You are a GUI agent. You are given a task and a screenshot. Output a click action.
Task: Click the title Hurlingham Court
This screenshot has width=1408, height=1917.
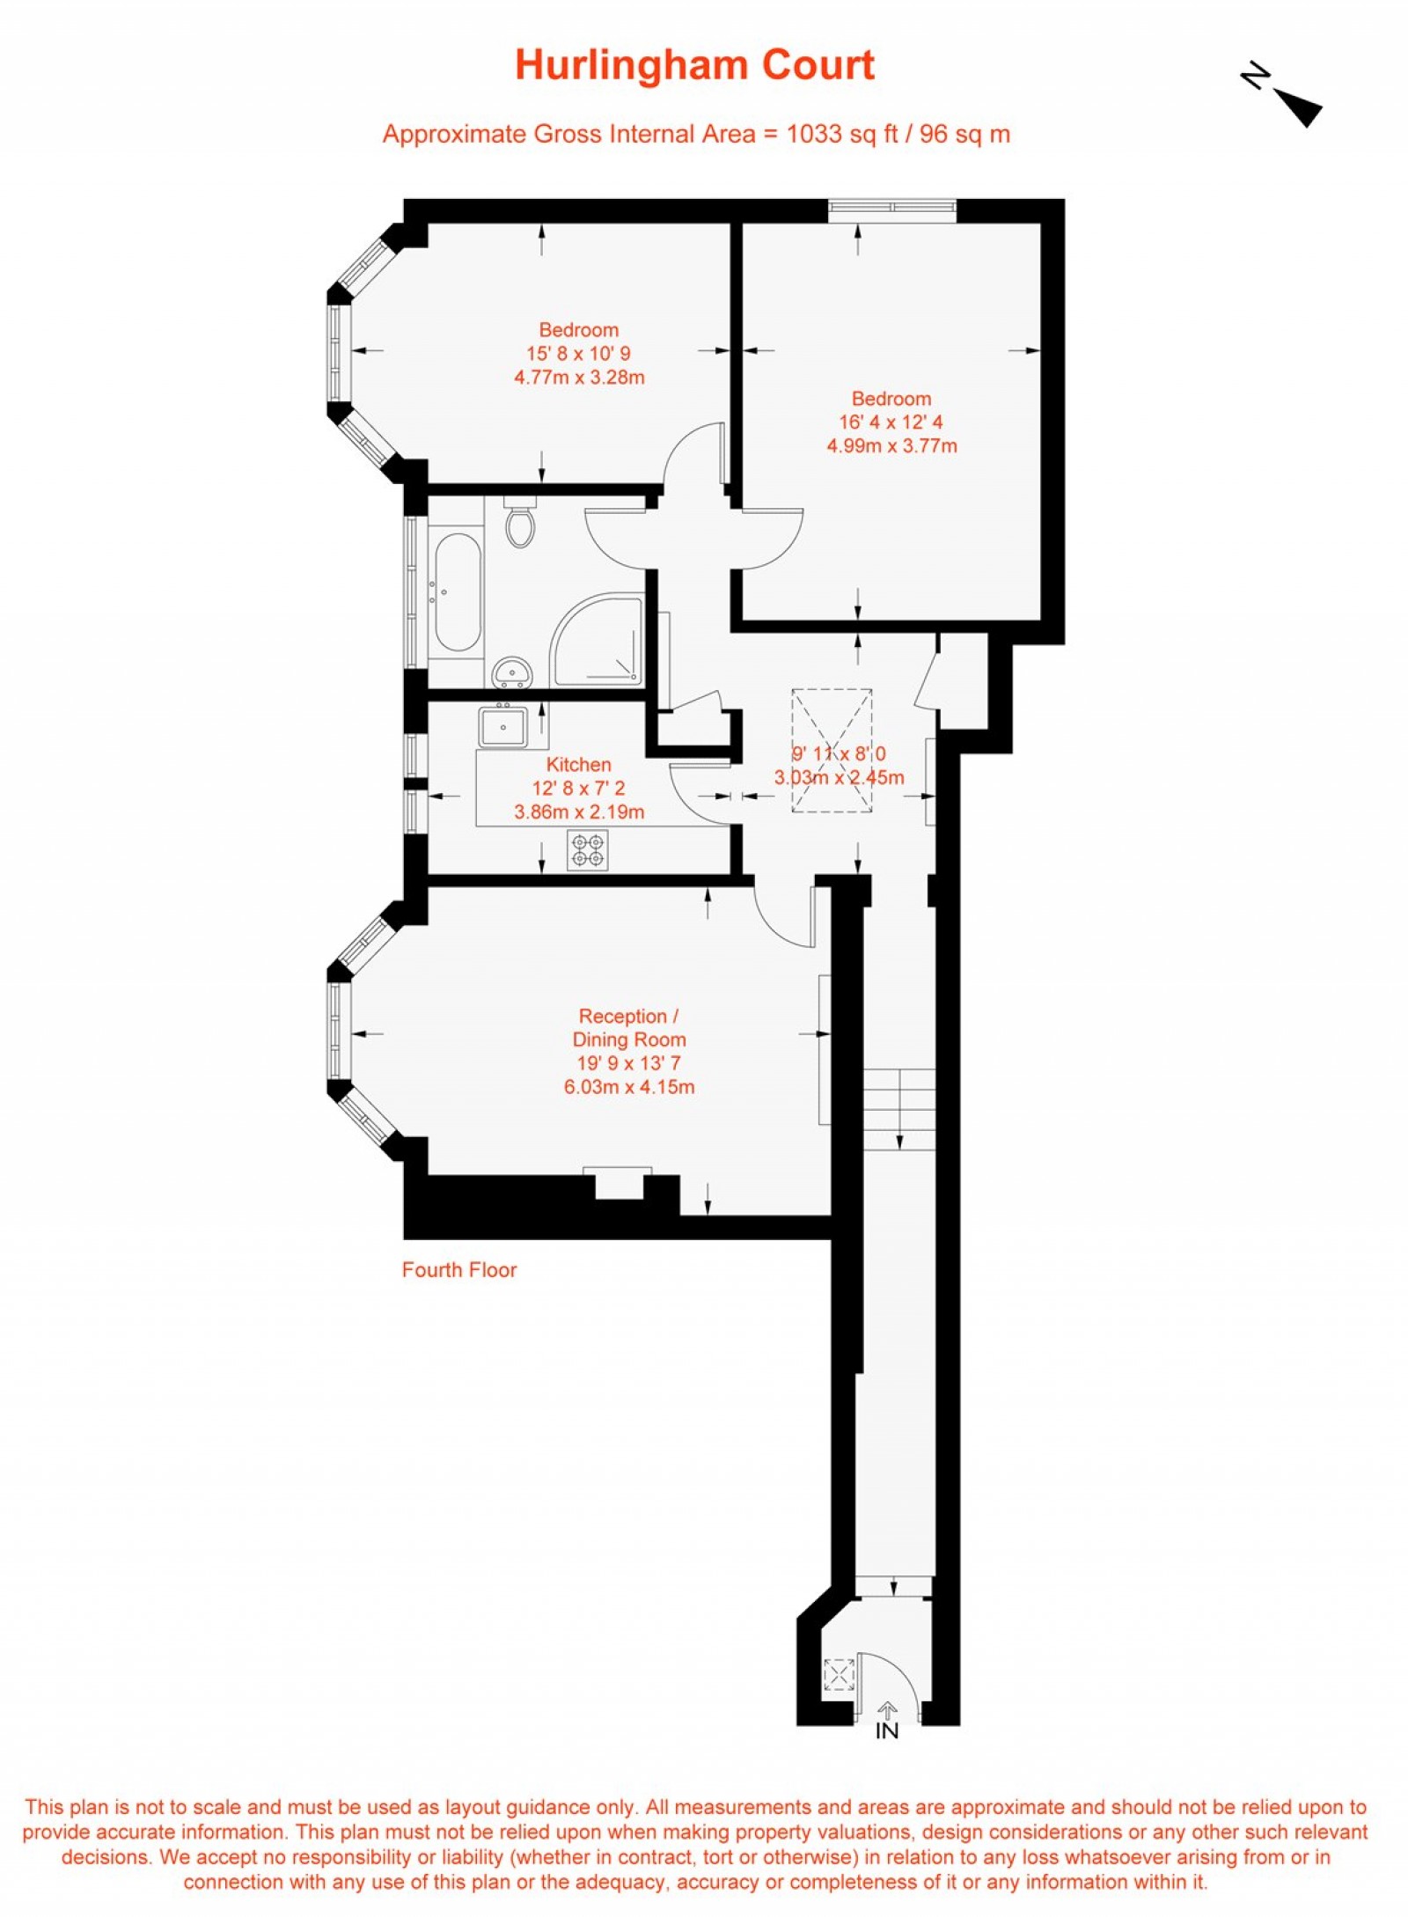tap(694, 66)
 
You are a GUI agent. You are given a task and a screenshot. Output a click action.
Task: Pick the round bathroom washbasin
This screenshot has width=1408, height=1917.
tap(511, 672)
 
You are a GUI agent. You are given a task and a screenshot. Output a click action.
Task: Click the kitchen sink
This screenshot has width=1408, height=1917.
tap(502, 727)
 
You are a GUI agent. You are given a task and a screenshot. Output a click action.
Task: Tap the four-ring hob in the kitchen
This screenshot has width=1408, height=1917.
tap(587, 850)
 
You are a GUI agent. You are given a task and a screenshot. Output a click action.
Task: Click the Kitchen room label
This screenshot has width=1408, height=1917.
tap(578, 765)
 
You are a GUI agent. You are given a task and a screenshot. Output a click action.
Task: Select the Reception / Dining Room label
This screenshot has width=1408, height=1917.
tap(628, 1027)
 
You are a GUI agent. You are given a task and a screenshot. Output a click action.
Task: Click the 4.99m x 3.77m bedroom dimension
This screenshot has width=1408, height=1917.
tap(891, 446)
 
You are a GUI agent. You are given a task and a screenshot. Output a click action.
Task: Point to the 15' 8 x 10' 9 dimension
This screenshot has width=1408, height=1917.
tap(578, 354)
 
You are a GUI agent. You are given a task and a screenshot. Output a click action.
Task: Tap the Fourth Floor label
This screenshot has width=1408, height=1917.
tap(458, 1270)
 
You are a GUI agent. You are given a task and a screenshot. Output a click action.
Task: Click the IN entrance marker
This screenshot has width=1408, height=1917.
tap(887, 1730)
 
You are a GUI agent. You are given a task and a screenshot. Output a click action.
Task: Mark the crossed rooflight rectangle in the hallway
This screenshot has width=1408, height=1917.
tap(832, 750)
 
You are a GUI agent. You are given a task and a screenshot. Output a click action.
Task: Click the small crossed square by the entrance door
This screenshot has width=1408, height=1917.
tap(839, 1674)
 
